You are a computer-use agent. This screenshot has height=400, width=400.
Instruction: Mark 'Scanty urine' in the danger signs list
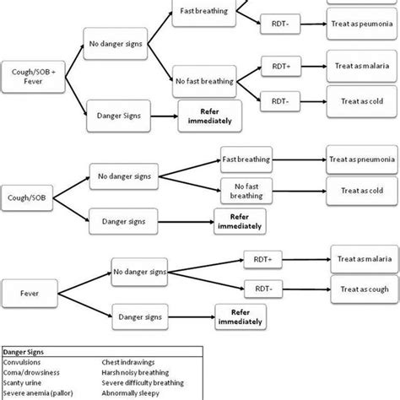point(25,384)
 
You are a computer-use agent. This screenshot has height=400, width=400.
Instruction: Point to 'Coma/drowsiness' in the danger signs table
point(31,375)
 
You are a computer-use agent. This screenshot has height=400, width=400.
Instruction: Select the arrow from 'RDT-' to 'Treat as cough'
point(304,290)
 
